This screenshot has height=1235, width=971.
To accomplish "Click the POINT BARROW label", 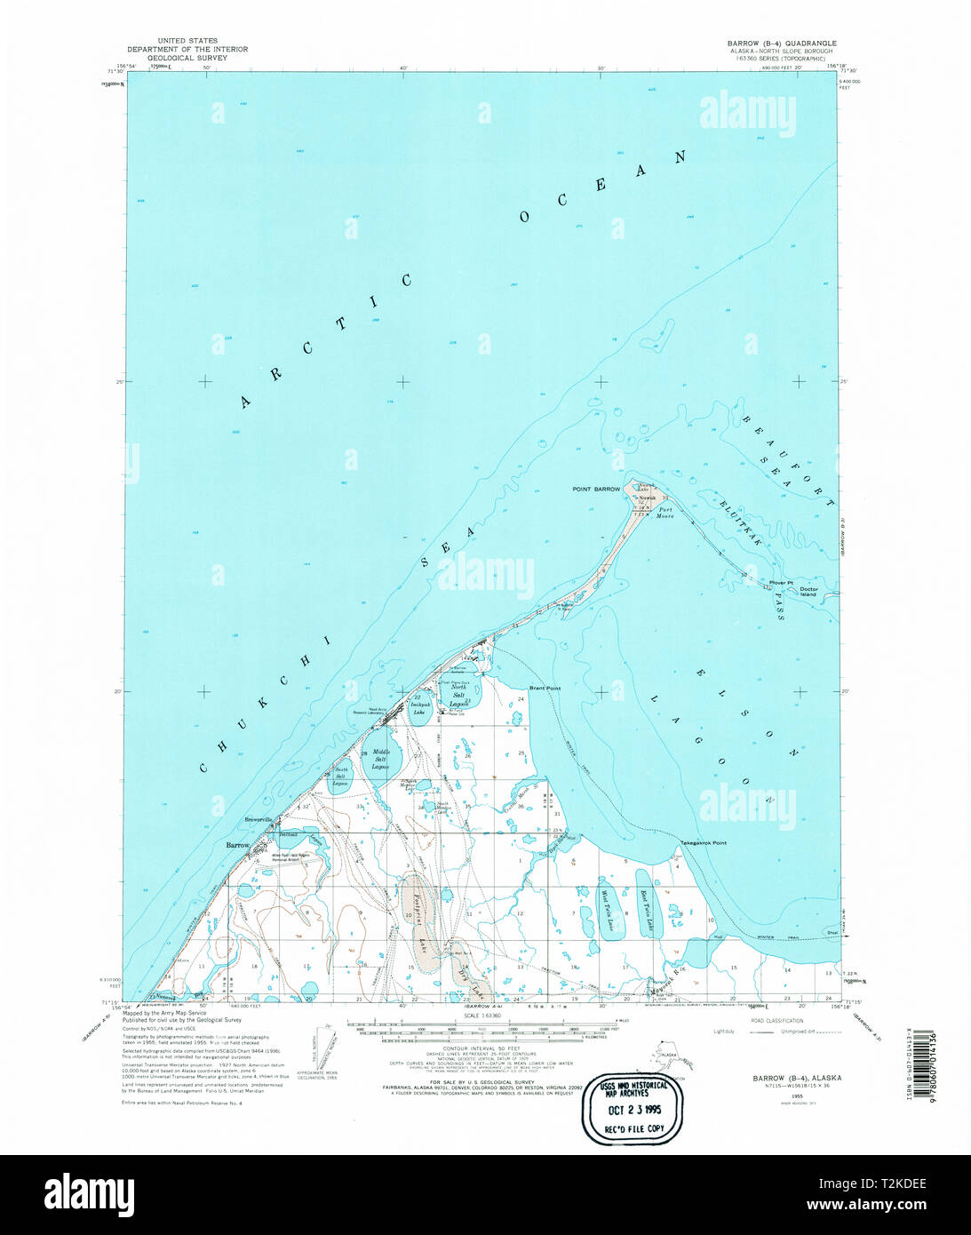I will pyautogui.click(x=596, y=490).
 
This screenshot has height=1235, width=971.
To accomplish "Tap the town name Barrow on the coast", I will pyautogui.click(x=237, y=845).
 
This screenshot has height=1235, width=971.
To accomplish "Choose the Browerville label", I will pyautogui.click(x=260, y=819).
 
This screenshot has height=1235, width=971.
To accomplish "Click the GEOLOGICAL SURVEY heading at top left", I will pyautogui.click(x=187, y=58).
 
